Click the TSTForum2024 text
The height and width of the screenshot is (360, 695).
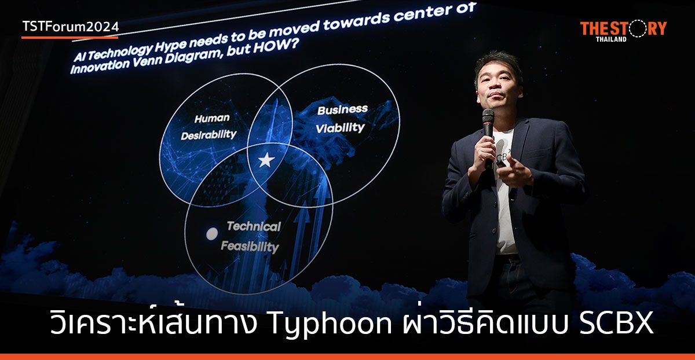pos(70,27)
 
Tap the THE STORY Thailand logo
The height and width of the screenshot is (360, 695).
pos(623,31)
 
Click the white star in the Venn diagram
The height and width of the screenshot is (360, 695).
pos(266,160)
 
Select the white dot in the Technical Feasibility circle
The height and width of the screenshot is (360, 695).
pos(213,233)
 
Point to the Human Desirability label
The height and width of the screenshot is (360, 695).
pos(209,126)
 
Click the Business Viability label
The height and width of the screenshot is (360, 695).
pos(341,119)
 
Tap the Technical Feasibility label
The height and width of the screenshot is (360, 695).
pos(251,236)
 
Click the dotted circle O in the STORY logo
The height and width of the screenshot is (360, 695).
pos(635,28)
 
